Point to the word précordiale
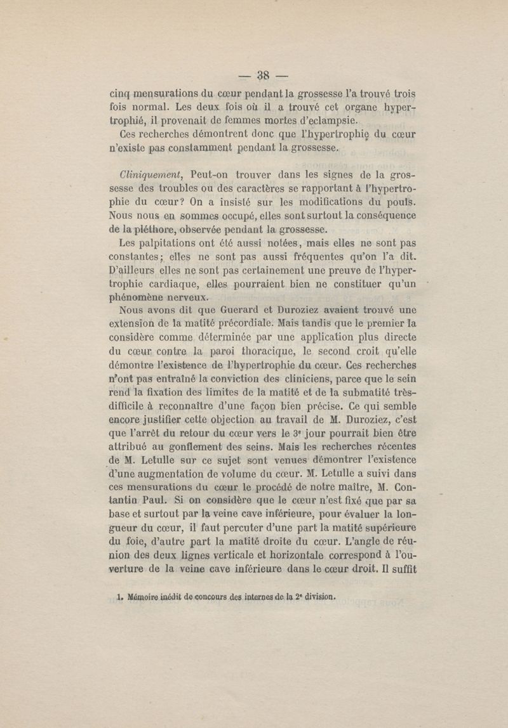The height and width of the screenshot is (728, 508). (x=238, y=325)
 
